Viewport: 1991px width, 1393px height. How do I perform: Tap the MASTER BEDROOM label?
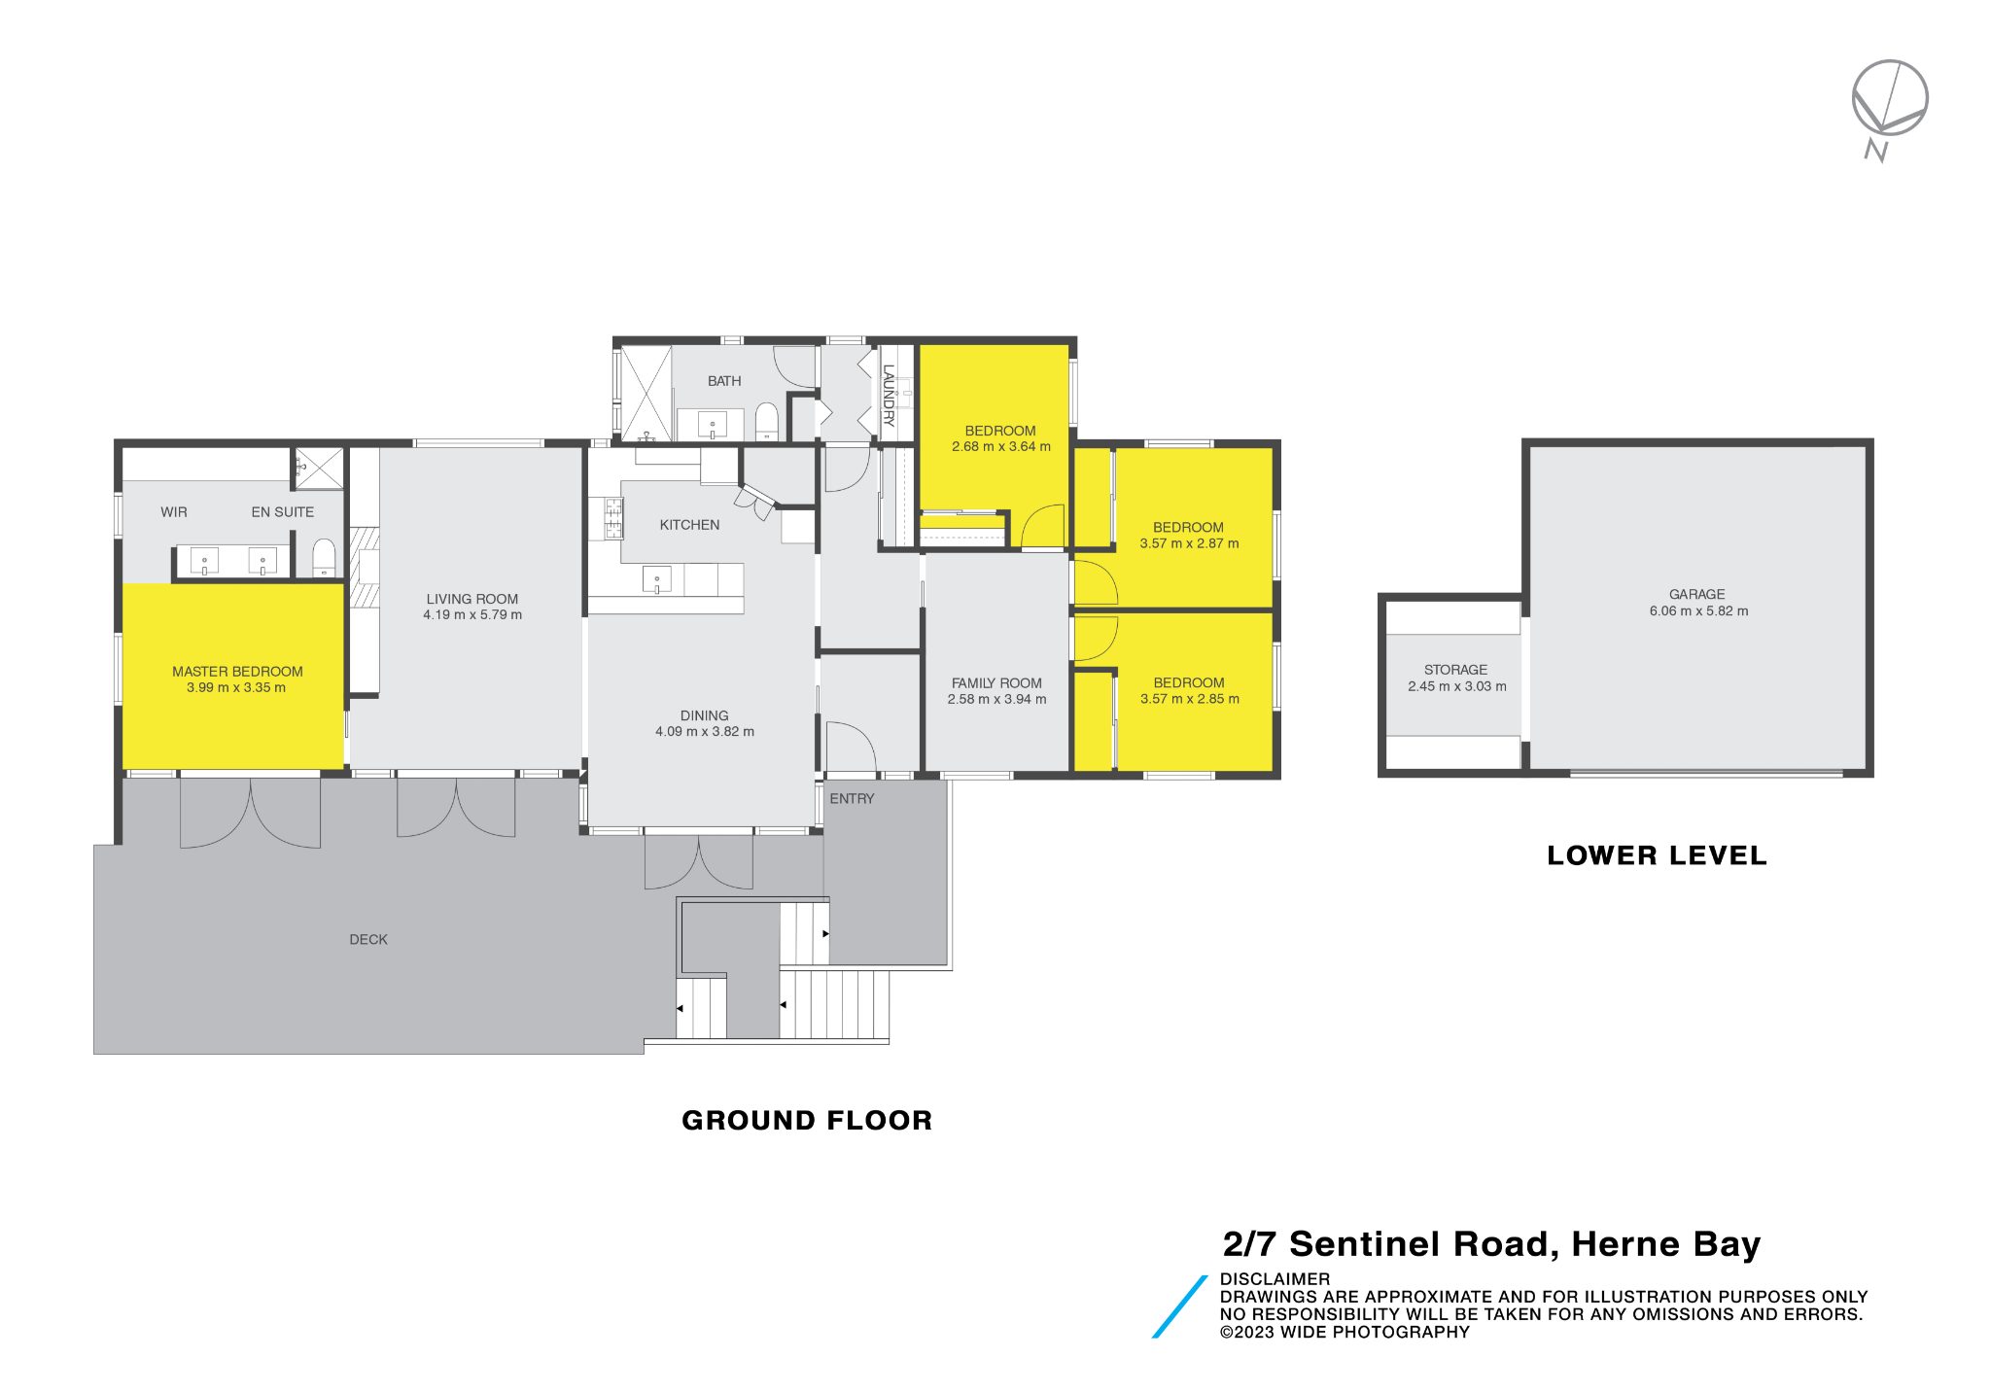pos(237,672)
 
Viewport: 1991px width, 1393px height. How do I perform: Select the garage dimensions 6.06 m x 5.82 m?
pos(1698,611)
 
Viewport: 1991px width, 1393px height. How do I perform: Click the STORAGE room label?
pos(1455,670)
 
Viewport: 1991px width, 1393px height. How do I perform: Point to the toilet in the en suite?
pos(324,559)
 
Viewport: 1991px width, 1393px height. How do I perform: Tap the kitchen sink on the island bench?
pos(657,580)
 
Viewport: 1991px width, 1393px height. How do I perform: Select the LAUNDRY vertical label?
pos(888,396)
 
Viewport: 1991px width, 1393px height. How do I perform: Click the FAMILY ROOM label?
pos(996,683)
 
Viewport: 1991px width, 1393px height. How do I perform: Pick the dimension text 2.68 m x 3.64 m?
pos(1000,447)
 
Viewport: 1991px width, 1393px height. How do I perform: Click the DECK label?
pos(368,939)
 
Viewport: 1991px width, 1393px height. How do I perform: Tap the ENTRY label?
pos(852,798)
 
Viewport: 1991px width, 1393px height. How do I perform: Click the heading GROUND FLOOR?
pos(807,1120)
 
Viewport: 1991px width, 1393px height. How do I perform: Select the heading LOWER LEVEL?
pos(1657,855)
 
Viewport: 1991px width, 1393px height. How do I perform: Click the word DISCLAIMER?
pos(1275,1279)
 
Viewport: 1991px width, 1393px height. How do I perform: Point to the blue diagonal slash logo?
pos(1179,1307)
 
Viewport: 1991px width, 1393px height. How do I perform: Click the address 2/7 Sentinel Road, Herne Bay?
pos(1491,1244)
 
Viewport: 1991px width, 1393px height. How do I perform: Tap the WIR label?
pos(174,512)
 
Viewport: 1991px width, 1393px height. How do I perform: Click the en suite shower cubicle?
pos(320,468)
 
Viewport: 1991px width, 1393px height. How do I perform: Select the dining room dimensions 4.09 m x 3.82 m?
pos(704,732)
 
